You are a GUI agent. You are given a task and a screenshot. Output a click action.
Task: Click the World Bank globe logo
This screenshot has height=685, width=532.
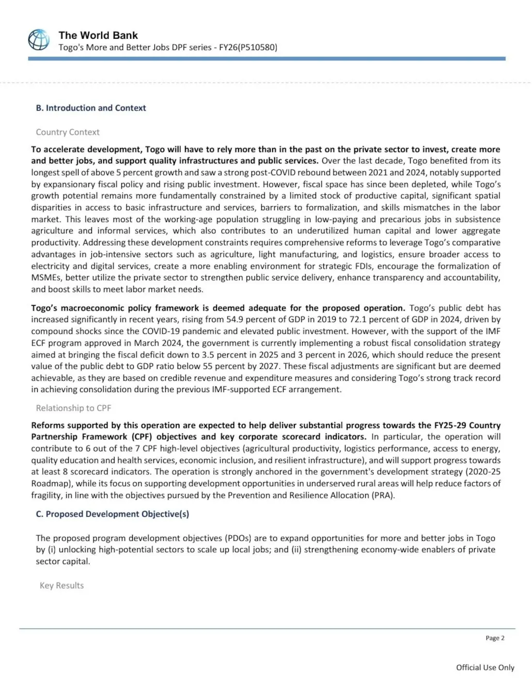[x=39, y=40]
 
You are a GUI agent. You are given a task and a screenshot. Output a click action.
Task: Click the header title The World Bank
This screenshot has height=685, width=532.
[x=98, y=35]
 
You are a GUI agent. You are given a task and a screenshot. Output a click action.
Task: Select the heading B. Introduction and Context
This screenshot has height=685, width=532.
[x=91, y=108]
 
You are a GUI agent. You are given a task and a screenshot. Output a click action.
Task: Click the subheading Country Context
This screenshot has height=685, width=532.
[x=68, y=132]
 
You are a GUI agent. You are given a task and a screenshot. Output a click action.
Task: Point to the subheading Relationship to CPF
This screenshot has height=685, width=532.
[x=73, y=408]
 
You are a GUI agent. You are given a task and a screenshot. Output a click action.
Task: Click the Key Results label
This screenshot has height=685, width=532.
[x=61, y=585]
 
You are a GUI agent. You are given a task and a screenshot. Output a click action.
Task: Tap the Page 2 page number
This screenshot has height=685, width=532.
[x=495, y=638]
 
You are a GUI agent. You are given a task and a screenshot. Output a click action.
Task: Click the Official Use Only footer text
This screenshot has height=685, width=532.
[x=485, y=667]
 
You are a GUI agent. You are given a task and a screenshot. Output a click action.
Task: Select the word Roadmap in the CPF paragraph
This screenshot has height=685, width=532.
[x=49, y=484]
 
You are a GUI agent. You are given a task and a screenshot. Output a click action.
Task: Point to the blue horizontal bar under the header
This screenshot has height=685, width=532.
[x=267, y=59]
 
